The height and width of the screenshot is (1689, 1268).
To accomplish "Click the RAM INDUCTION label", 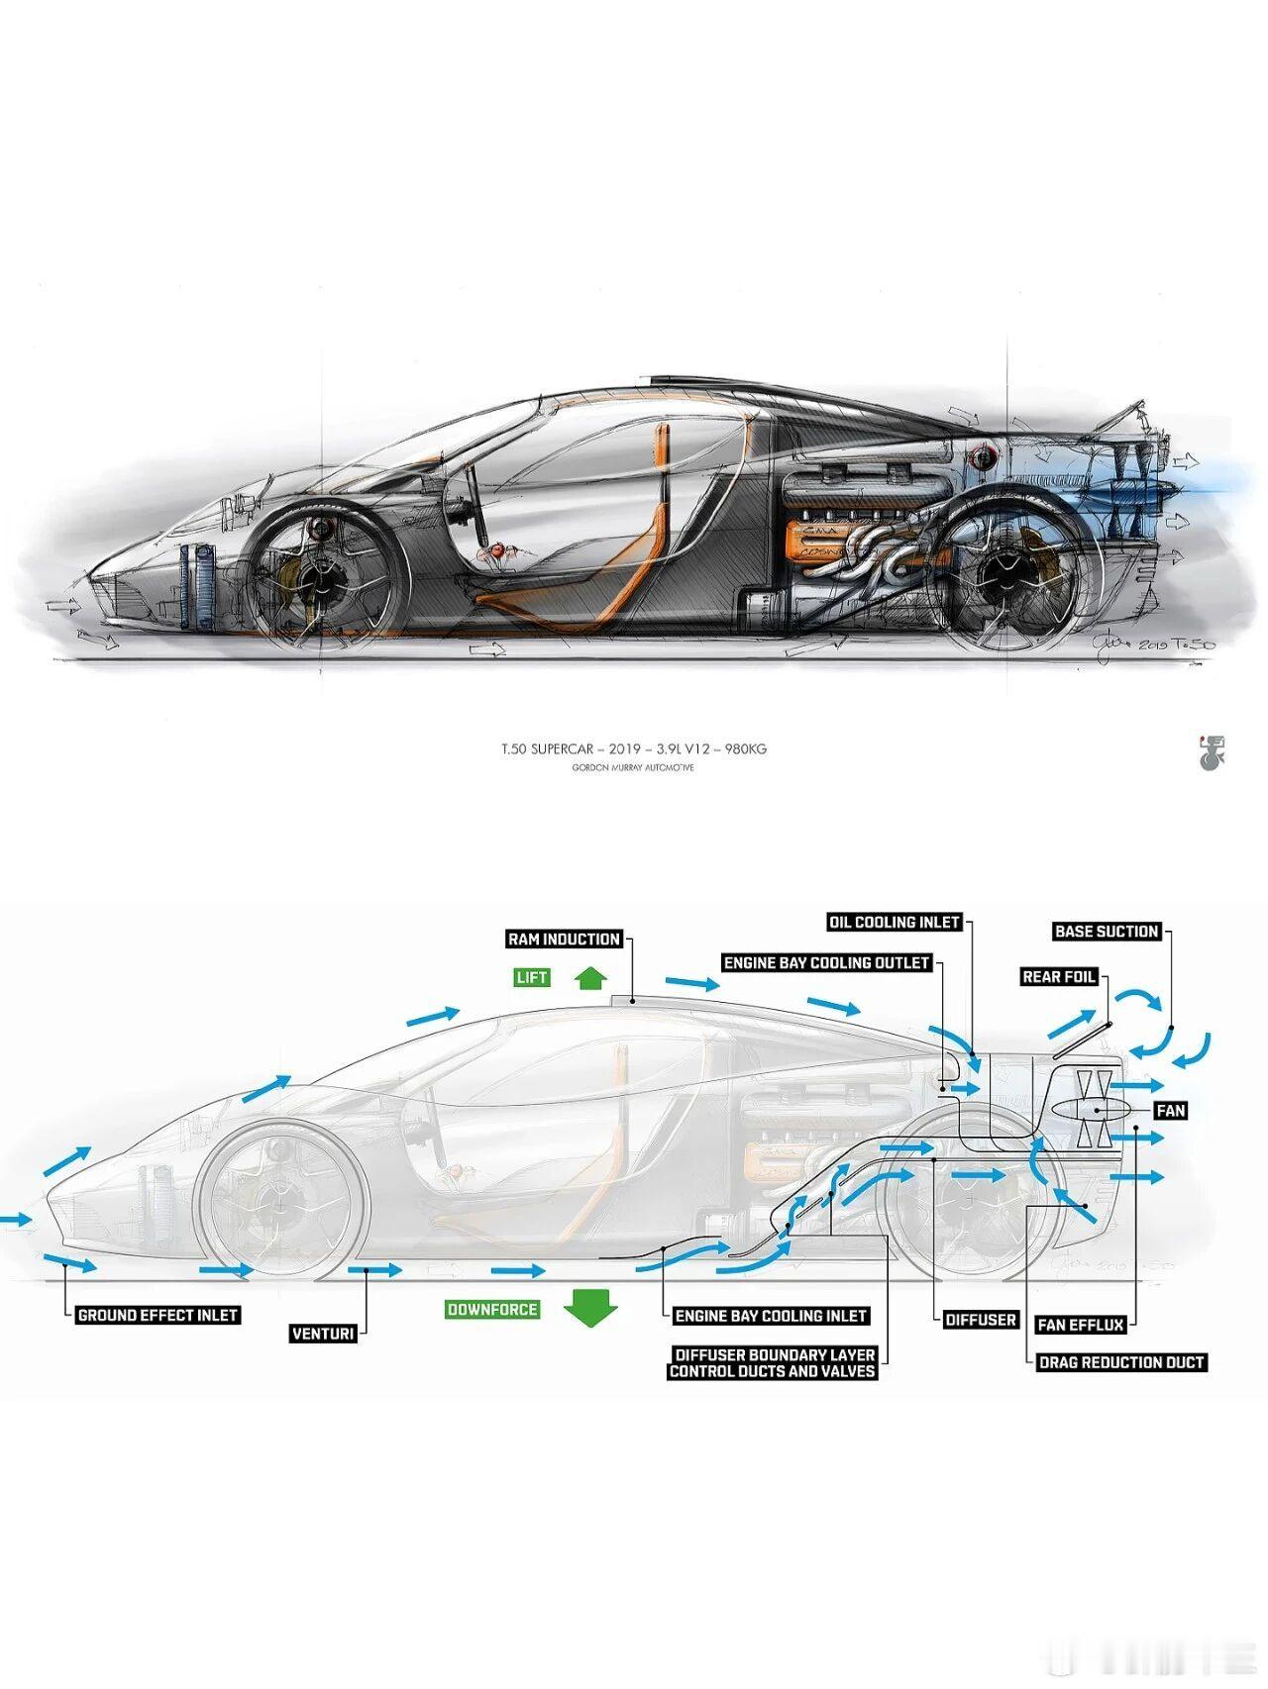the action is [564, 939].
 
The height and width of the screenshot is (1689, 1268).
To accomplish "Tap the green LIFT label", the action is [531, 977].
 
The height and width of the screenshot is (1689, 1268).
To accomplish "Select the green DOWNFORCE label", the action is [492, 1309].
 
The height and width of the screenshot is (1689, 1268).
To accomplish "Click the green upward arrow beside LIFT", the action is [590, 978].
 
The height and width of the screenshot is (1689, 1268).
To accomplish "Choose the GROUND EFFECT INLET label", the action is [158, 1315].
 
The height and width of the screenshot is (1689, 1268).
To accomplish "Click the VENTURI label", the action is [323, 1334].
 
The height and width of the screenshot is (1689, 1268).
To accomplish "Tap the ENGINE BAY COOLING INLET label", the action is [772, 1316].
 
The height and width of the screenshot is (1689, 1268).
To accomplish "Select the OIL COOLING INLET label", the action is [895, 922].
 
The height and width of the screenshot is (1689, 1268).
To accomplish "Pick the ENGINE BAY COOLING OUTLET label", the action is [827, 962].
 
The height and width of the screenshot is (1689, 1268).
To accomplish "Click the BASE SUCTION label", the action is [1107, 931].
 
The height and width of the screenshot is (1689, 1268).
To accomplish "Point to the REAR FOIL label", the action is [1059, 976].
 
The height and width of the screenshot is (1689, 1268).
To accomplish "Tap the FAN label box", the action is [1171, 1111].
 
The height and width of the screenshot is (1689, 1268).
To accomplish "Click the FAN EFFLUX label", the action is [1081, 1324].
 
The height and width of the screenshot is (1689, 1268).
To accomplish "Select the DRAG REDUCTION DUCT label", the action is [1121, 1362].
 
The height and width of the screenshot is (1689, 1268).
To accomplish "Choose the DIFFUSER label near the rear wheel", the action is [981, 1320].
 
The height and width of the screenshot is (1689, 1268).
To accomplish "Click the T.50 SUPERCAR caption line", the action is [634, 748].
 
